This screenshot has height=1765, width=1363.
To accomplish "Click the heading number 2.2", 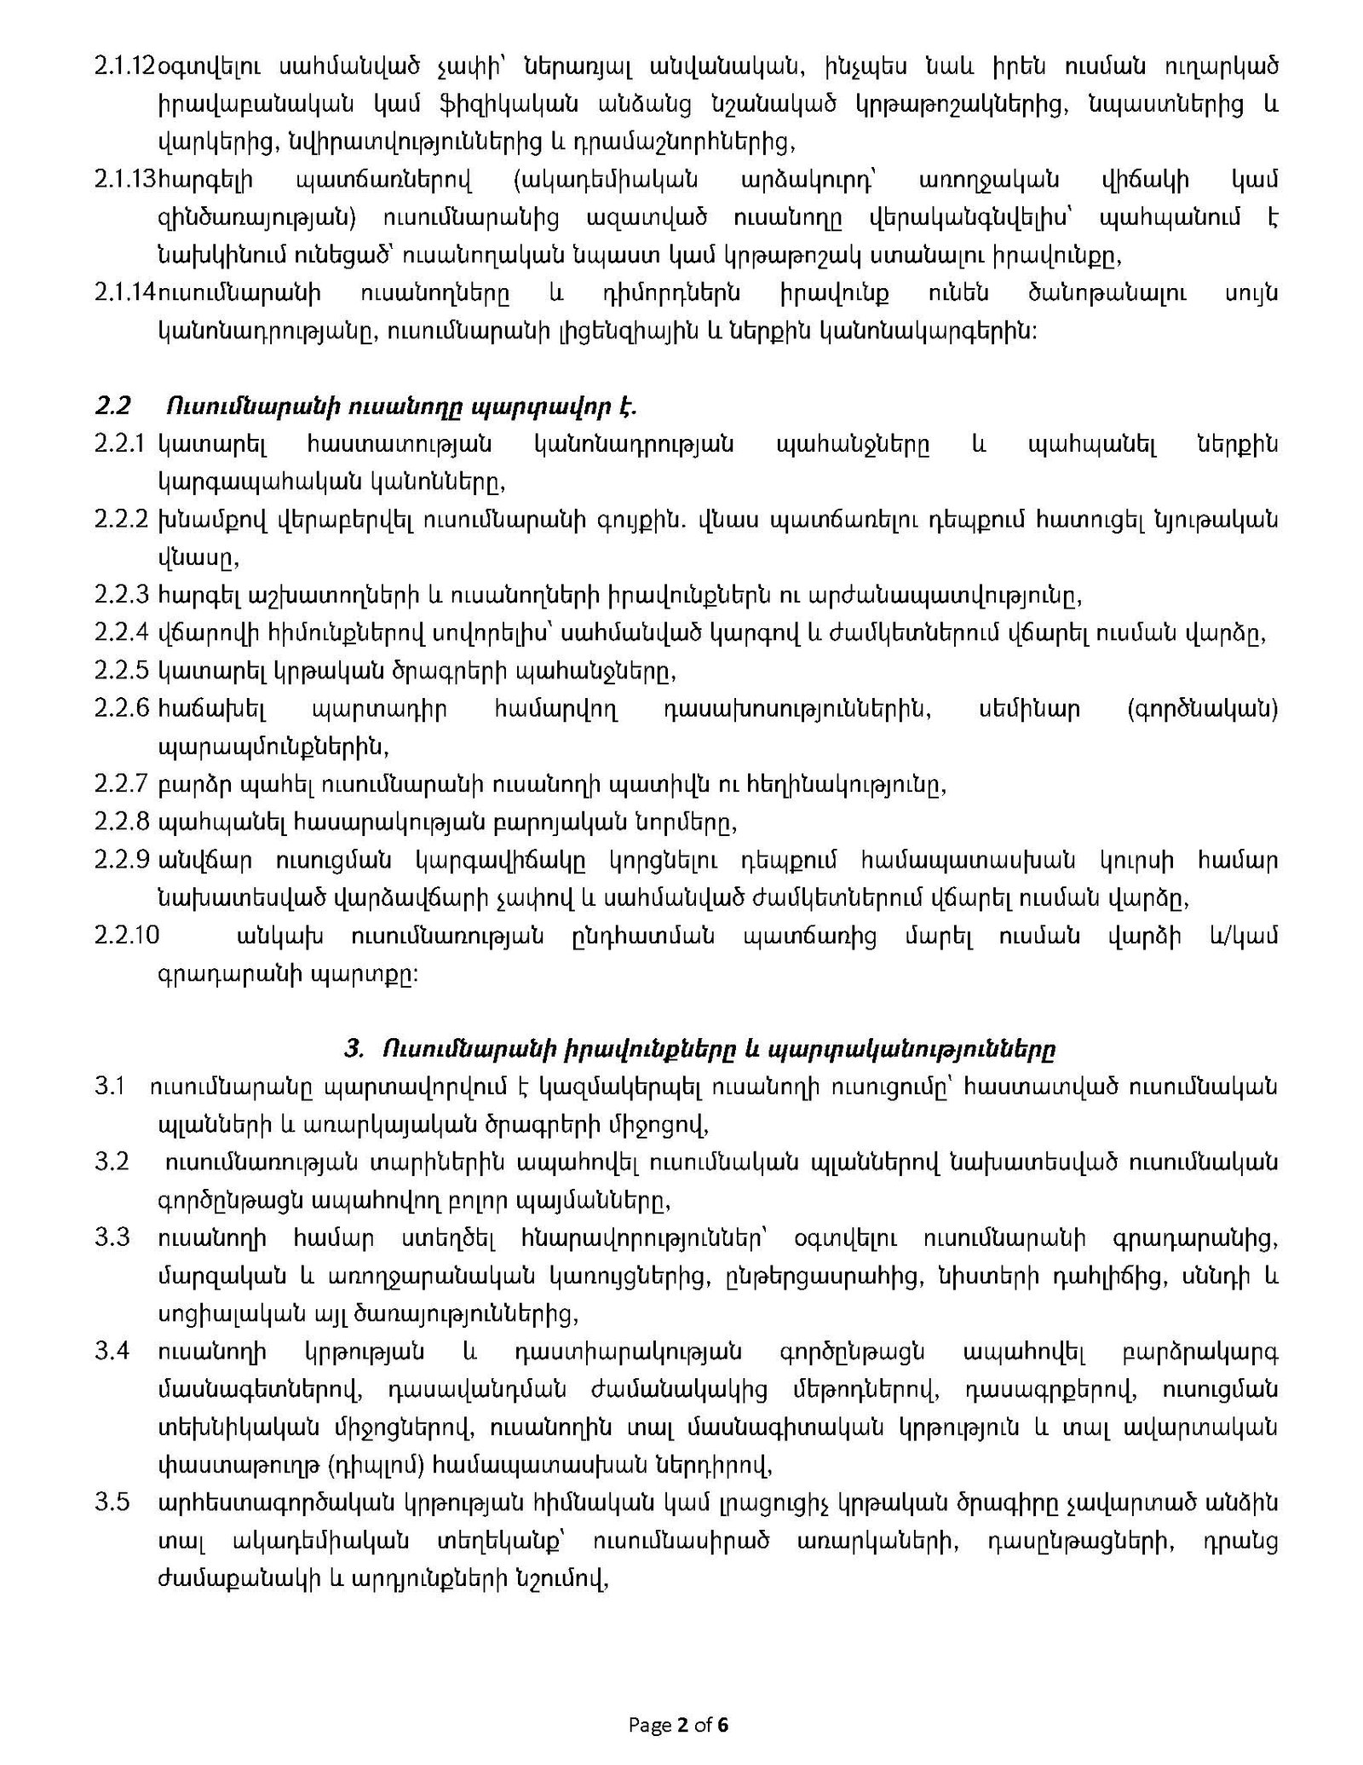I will click(112, 407).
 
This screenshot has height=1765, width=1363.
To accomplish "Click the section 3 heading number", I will click(354, 1049).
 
